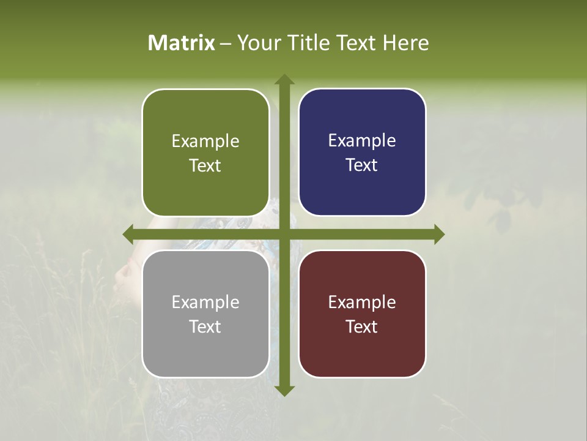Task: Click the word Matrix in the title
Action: coord(182,43)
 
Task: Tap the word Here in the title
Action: coord(405,43)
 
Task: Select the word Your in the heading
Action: coord(257,43)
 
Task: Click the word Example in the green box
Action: coord(205,141)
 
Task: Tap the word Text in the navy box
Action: coord(362,165)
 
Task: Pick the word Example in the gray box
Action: coord(205,303)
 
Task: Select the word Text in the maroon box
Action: coord(362,326)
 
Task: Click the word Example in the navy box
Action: coord(362,141)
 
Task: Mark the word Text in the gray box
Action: coord(205,326)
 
